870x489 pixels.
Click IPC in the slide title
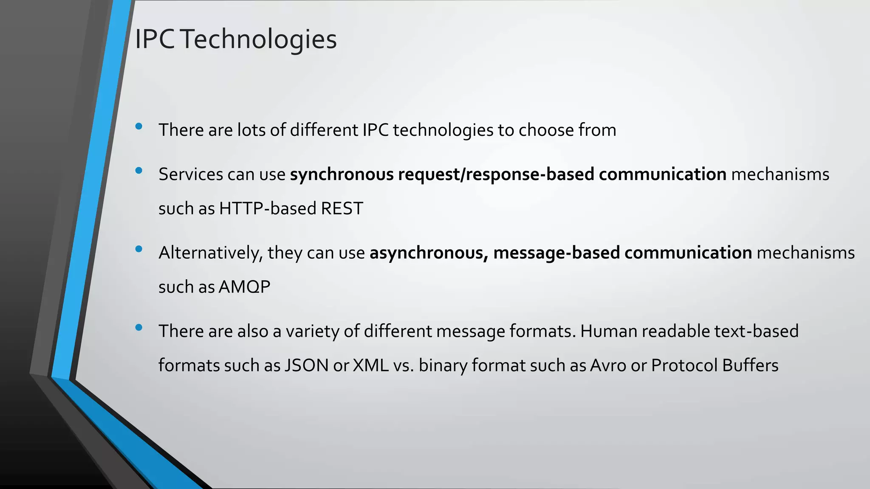(154, 39)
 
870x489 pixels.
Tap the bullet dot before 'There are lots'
(138, 126)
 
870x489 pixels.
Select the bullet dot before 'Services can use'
(138, 171)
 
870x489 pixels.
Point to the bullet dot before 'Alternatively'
(138, 249)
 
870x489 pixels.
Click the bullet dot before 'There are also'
(138, 328)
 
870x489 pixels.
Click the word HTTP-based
(268, 208)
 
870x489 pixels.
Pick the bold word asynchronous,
(429, 253)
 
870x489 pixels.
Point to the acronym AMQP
(244, 287)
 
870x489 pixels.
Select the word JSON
(306, 365)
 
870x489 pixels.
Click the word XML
(371, 365)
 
